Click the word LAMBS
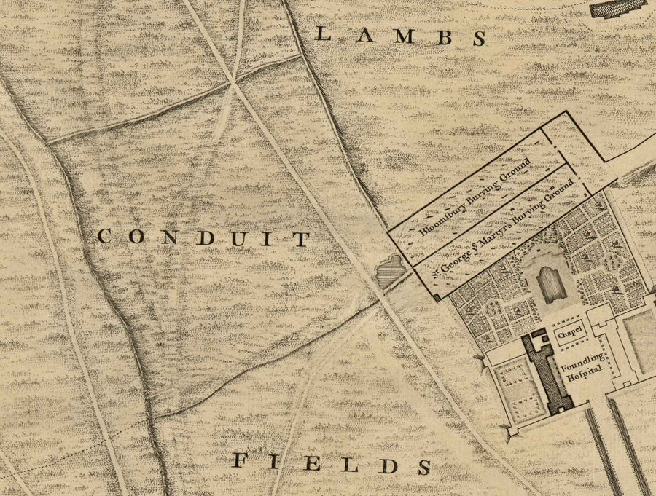402,36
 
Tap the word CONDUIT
204,237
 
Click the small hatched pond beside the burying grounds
389,271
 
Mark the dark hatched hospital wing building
548,373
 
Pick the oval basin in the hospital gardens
552,283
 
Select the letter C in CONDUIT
104,237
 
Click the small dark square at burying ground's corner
437,296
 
